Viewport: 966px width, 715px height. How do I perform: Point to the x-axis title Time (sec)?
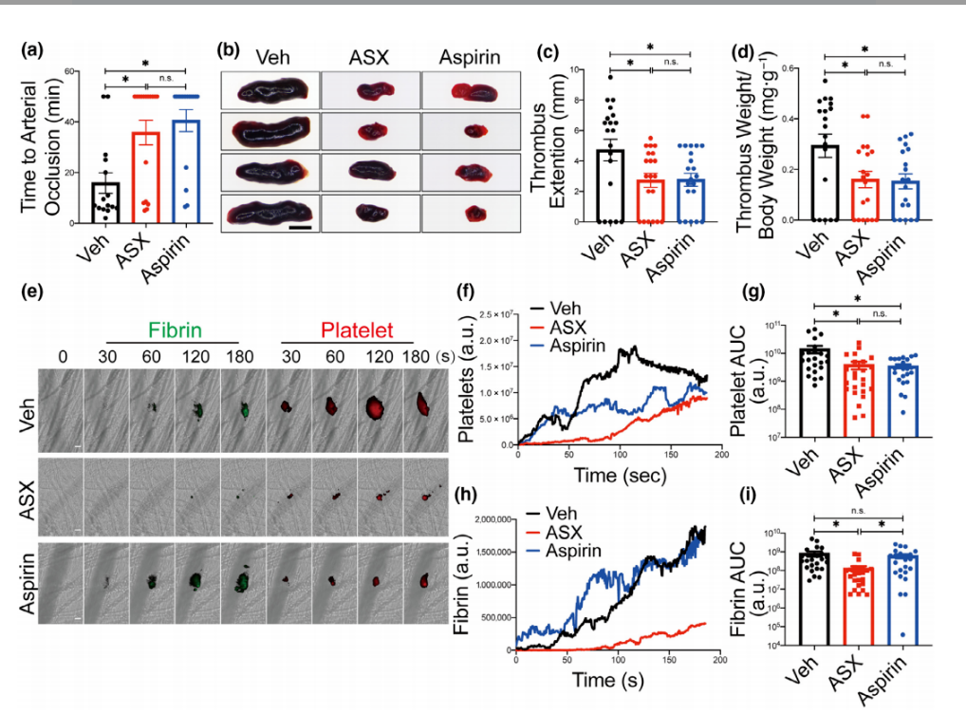[618, 473]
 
